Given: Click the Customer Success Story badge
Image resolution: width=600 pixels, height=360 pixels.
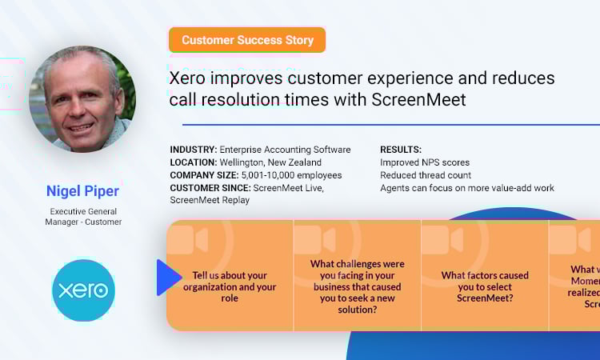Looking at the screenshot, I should [246, 40].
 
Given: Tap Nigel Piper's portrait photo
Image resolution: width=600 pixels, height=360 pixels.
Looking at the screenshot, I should [82, 98].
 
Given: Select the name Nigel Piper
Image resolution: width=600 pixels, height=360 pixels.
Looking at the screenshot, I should [83, 190].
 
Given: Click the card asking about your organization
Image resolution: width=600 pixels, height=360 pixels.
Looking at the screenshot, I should [230, 276].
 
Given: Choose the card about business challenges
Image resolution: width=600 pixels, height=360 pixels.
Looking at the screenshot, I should [357, 276].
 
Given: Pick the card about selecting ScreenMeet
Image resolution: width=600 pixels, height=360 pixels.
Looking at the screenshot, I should [485, 276].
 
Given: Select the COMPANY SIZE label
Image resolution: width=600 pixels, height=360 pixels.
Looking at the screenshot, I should [204, 175].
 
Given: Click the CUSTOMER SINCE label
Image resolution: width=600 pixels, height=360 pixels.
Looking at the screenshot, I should [210, 188].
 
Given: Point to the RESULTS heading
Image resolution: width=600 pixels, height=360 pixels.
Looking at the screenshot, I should [401, 150].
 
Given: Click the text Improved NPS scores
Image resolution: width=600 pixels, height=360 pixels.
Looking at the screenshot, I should [425, 162].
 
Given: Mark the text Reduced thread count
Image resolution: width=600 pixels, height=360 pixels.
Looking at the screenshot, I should [426, 175].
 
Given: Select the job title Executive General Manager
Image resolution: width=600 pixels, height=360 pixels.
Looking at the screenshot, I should [83, 216].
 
